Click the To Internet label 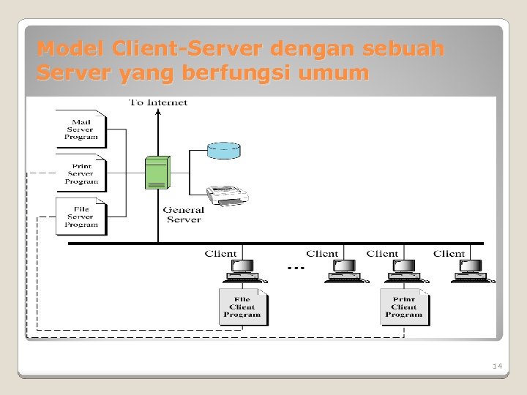pyautogui.click(x=158, y=102)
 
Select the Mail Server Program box pyautogui.click(x=81, y=129)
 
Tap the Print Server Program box pyautogui.click(x=81, y=173)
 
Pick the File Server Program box pyautogui.click(x=81, y=217)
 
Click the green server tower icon pyautogui.click(x=157, y=173)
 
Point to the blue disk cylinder pyautogui.click(x=223, y=151)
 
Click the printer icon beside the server pyautogui.click(x=227, y=195)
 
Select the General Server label pyautogui.click(x=183, y=214)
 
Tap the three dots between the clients pyautogui.click(x=296, y=268)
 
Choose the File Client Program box pyautogui.click(x=243, y=307)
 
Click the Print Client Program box pyautogui.click(x=404, y=307)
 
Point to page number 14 pyautogui.click(x=497, y=365)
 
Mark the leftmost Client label pyautogui.click(x=220, y=254)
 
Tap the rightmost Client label pyautogui.click(x=449, y=254)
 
